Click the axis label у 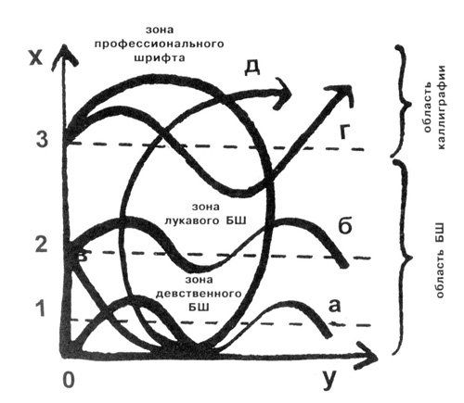pyautogui.click(x=328, y=382)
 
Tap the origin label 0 pyautogui.click(x=69, y=380)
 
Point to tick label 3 pyautogui.click(x=42, y=139)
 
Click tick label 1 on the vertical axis pyautogui.click(x=41, y=309)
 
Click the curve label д pyautogui.click(x=252, y=68)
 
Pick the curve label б pyautogui.click(x=345, y=226)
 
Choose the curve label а pyautogui.click(x=334, y=306)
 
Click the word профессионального pyautogui.click(x=159, y=44)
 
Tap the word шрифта pyautogui.click(x=160, y=57)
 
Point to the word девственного pyautogui.click(x=199, y=293)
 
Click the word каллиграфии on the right pyautogui.click(x=442, y=107)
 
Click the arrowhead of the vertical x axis pyautogui.click(x=64, y=55)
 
